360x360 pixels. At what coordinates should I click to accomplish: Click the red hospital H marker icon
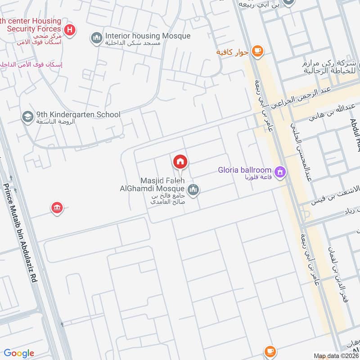point(70,30)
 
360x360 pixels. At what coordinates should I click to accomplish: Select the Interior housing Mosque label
point(148,36)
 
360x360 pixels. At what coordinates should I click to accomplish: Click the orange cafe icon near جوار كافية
point(257,51)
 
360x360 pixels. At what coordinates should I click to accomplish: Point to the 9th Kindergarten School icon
point(27,117)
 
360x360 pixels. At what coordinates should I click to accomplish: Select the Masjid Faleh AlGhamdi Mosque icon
point(193,190)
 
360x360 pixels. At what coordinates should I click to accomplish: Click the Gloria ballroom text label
point(244,170)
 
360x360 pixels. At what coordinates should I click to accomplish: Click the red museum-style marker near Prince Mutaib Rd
point(57,208)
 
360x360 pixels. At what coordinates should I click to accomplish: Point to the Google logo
point(19,353)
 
